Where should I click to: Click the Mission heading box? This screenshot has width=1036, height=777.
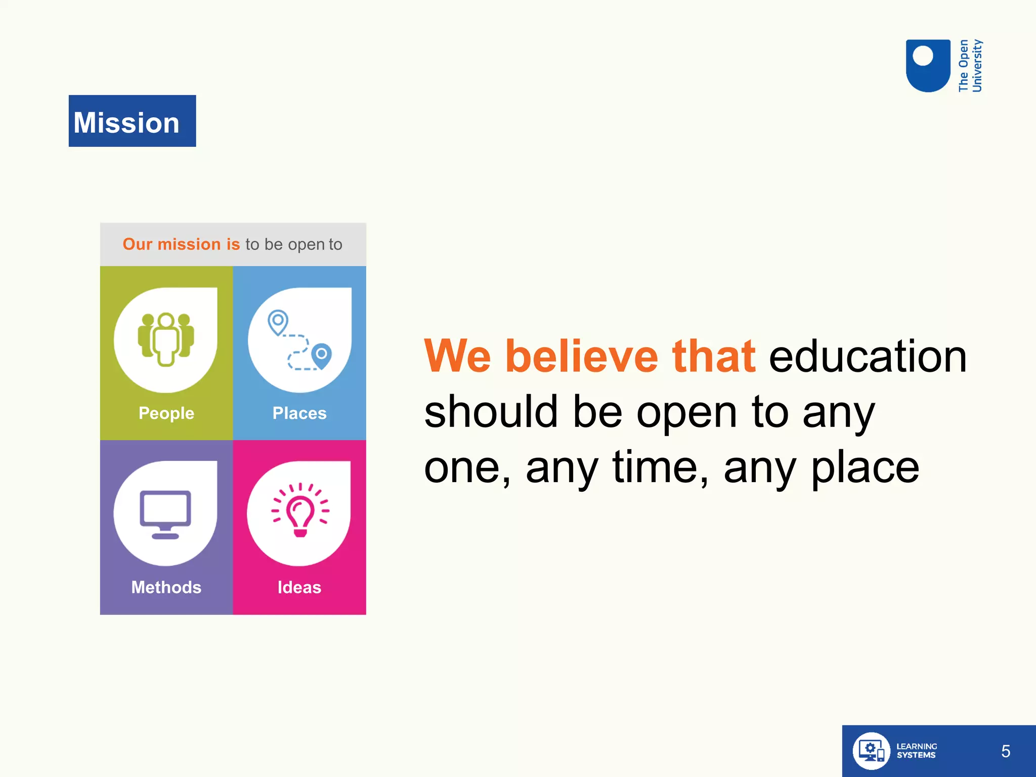132,121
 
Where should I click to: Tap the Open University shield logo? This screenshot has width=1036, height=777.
928,66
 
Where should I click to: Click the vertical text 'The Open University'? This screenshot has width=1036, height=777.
970,66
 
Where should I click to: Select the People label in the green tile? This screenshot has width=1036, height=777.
166,413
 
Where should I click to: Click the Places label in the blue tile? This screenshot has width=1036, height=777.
299,413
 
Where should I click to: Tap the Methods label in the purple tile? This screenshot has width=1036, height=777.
166,587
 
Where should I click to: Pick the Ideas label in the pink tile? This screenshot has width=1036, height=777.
299,587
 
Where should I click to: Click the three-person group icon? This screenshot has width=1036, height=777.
166,339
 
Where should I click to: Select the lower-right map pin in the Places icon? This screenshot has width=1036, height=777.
321,356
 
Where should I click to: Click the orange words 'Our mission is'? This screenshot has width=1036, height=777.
181,244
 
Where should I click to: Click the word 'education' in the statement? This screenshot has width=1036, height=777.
868,357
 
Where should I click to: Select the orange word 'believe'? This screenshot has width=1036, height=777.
582,357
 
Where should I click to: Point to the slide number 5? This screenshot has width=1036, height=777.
1006,751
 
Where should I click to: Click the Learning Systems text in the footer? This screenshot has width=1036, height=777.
916,751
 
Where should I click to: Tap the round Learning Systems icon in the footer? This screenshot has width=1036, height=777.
871,751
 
